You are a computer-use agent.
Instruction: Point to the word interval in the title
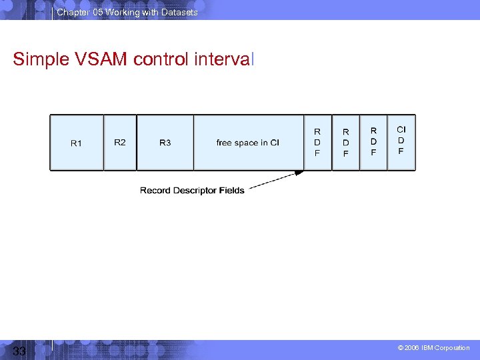(224, 59)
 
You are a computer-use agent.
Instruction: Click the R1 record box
(77, 143)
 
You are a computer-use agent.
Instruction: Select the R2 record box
(120, 143)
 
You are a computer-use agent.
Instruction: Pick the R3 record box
(165, 143)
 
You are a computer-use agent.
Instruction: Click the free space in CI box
(248, 143)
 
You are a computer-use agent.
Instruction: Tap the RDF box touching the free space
(317, 143)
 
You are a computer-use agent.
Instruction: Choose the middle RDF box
(345, 143)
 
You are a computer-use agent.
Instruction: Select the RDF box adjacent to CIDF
(373, 143)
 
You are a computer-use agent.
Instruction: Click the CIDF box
(401, 141)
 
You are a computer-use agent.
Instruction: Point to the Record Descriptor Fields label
(192, 191)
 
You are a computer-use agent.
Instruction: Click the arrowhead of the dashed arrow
(300, 173)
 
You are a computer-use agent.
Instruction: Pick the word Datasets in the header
(180, 12)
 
